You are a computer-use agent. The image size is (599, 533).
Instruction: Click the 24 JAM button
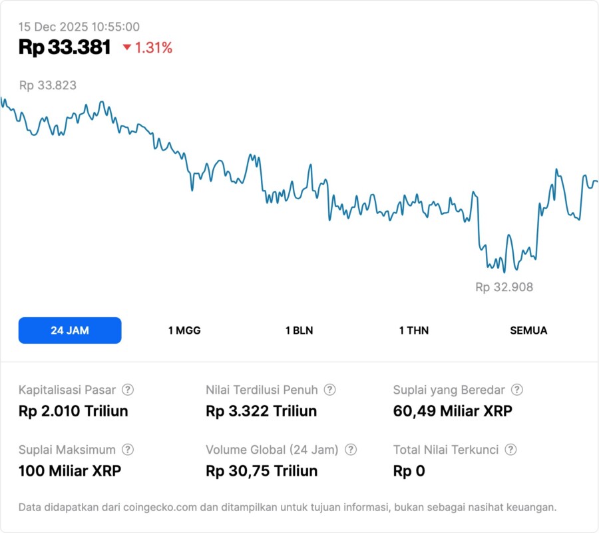click(70, 330)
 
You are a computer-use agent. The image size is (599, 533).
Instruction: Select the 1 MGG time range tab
click(184, 330)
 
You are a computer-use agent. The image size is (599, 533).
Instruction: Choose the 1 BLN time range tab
click(299, 330)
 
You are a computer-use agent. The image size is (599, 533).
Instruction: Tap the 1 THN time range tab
click(414, 330)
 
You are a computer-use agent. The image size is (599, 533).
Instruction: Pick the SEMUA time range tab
click(528, 330)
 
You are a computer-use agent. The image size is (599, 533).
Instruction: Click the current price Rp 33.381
click(65, 47)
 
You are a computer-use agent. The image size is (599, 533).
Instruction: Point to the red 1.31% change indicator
click(147, 48)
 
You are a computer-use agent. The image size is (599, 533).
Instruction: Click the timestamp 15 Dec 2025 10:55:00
click(79, 27)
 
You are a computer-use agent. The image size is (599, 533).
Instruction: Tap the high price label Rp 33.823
click(47, 85)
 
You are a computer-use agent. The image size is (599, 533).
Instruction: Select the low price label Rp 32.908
click(504, 287)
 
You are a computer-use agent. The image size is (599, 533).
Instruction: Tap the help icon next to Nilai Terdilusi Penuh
click(329, 390)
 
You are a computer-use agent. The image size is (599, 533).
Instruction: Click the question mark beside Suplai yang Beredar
click(516, 390)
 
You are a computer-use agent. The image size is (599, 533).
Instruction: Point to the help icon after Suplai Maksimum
click(128, 450)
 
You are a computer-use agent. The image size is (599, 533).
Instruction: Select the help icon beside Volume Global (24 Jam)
click(351, 450)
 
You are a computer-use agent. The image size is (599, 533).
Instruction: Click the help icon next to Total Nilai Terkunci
click(510, 450)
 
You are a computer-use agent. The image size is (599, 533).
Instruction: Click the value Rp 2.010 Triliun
click(73, 411)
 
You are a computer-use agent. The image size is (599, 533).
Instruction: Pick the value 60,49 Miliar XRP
click(453, 411)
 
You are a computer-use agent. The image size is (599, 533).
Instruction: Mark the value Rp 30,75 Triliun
click(262, 471)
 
